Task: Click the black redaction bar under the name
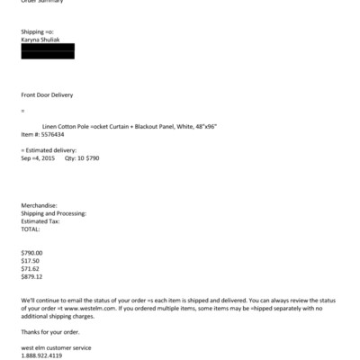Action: (47, 52)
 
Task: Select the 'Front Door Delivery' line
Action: (47, 94)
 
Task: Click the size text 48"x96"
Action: (218, 126)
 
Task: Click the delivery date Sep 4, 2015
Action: (38, 157)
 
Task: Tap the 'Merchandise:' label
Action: (39, 205)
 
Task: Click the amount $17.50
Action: (31, 261)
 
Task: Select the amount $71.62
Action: (31, 268)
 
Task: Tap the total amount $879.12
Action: (32, 276)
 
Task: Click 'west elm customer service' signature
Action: (56, 347)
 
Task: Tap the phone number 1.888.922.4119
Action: (41, 355)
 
